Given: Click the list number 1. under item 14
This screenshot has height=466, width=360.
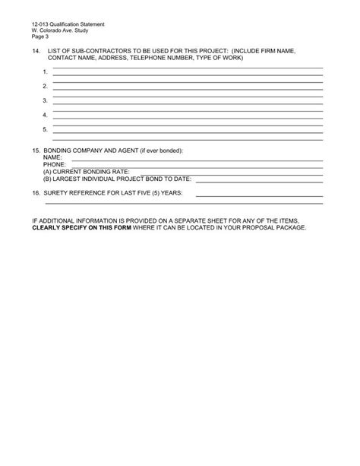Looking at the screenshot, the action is coord(46,71).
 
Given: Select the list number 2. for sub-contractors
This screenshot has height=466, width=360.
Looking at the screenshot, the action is coord(46,86).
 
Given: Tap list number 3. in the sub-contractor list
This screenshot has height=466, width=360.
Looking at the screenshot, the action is coord(46,100).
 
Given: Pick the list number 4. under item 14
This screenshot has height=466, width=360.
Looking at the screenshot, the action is coord(46,115).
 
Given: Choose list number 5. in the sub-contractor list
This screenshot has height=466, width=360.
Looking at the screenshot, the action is coord(46,129).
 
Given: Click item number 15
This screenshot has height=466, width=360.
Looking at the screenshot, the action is coord(36,151).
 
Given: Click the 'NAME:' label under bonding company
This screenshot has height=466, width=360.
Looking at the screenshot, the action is coord(52,157).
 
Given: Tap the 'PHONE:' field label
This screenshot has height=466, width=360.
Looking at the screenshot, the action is coord(55,163).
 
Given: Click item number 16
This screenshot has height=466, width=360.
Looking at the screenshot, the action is coord(36,193).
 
